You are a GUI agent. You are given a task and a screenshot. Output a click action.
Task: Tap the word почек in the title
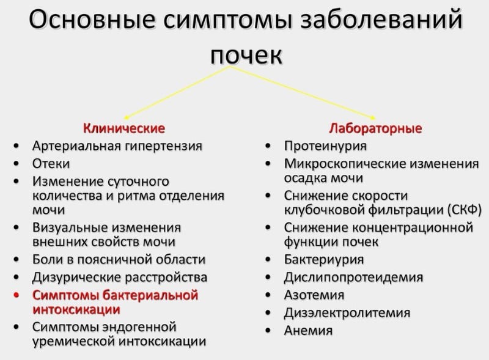point(246,56)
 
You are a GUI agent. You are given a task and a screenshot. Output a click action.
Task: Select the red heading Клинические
point(124,128)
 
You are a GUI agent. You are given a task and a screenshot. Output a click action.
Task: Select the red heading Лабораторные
point(375,128)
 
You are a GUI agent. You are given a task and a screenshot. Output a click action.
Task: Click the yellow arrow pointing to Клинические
point(177,93)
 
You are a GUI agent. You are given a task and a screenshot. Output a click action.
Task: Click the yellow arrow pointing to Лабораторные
point(303,93)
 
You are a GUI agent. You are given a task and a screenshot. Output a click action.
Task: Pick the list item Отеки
point(51,163)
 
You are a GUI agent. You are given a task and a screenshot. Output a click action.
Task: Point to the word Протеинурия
point(325,146)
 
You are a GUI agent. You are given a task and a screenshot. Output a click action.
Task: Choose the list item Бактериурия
point(324,260)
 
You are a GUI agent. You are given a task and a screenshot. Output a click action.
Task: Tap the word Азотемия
point(314,295)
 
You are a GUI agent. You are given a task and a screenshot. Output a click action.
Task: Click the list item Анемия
point(308,331)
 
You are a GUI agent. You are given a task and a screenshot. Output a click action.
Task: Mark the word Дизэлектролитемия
point(347,312)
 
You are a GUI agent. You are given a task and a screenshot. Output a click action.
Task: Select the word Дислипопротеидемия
point(353,277)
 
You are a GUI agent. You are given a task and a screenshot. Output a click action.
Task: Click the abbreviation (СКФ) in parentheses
point(465,210)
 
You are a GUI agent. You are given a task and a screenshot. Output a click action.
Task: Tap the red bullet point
point(17,295)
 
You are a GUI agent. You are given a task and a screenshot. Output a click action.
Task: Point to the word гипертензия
point(163,146)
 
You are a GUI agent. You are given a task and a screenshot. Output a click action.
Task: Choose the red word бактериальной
point(150,295)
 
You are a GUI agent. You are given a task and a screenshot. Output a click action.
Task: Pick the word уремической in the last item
point(73,341)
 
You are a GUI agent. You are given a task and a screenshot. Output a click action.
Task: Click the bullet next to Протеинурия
point(268,146)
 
